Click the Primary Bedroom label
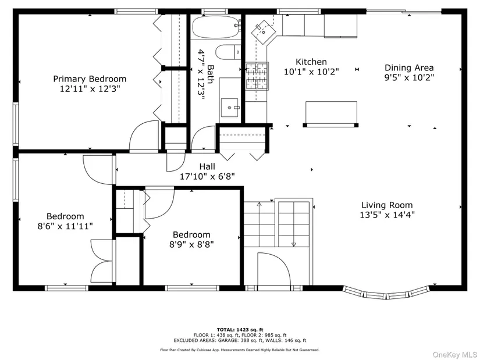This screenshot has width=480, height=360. (90, 79)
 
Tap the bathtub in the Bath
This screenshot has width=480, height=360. (215, 27)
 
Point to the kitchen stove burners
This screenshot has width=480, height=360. (257, 76)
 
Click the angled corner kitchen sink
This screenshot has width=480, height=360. (263, 31)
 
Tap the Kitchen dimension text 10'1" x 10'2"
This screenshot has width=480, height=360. (311, 72)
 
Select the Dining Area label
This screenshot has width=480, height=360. (409, 67)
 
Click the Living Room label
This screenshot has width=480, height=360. (387, 205)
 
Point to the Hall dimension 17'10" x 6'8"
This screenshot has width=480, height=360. (207, 177)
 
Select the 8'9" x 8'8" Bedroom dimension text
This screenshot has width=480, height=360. (191, 245)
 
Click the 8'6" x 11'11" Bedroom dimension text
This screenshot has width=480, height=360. (65, 226)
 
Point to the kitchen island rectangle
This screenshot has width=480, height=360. (331, 113)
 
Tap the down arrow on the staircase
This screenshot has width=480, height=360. (294, 244)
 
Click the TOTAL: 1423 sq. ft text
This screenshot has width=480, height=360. (240, 330)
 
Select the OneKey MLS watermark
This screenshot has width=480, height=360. (454, 355)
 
